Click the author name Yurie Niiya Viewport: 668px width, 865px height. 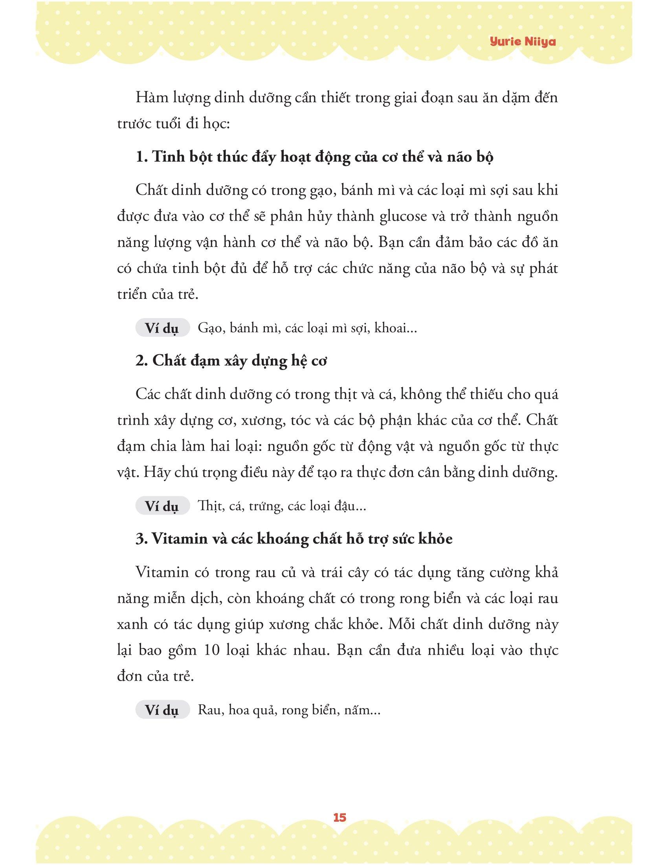522,42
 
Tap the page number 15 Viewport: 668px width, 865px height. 340,818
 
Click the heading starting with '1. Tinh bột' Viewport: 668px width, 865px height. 314,157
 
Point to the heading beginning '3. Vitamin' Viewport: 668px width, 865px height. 294,539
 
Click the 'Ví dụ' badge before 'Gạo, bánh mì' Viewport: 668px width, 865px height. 162,329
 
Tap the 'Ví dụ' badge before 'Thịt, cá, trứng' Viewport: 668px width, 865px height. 162,507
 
